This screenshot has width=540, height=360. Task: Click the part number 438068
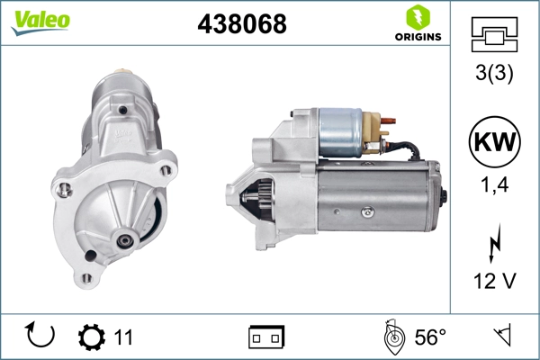pos(241,25)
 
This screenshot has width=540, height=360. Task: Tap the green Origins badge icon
pos(417,17)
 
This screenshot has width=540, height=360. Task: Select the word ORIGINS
pos(418,37)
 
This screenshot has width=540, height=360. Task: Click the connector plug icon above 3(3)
pos(494,35)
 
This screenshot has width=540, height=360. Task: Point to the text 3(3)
pos(494,75)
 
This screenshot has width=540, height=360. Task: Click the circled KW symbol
pos(494,141)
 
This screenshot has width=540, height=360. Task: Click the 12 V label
pos(494,282)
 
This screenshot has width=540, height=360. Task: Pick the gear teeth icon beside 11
pos(91,337)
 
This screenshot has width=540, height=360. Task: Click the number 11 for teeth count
pos(123,337)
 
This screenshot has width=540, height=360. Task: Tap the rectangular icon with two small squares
pos(266,337)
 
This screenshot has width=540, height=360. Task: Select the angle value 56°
pos(430,337)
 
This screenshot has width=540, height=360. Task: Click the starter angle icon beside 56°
pos(392,337)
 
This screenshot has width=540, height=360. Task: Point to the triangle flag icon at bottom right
pos(501,337)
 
